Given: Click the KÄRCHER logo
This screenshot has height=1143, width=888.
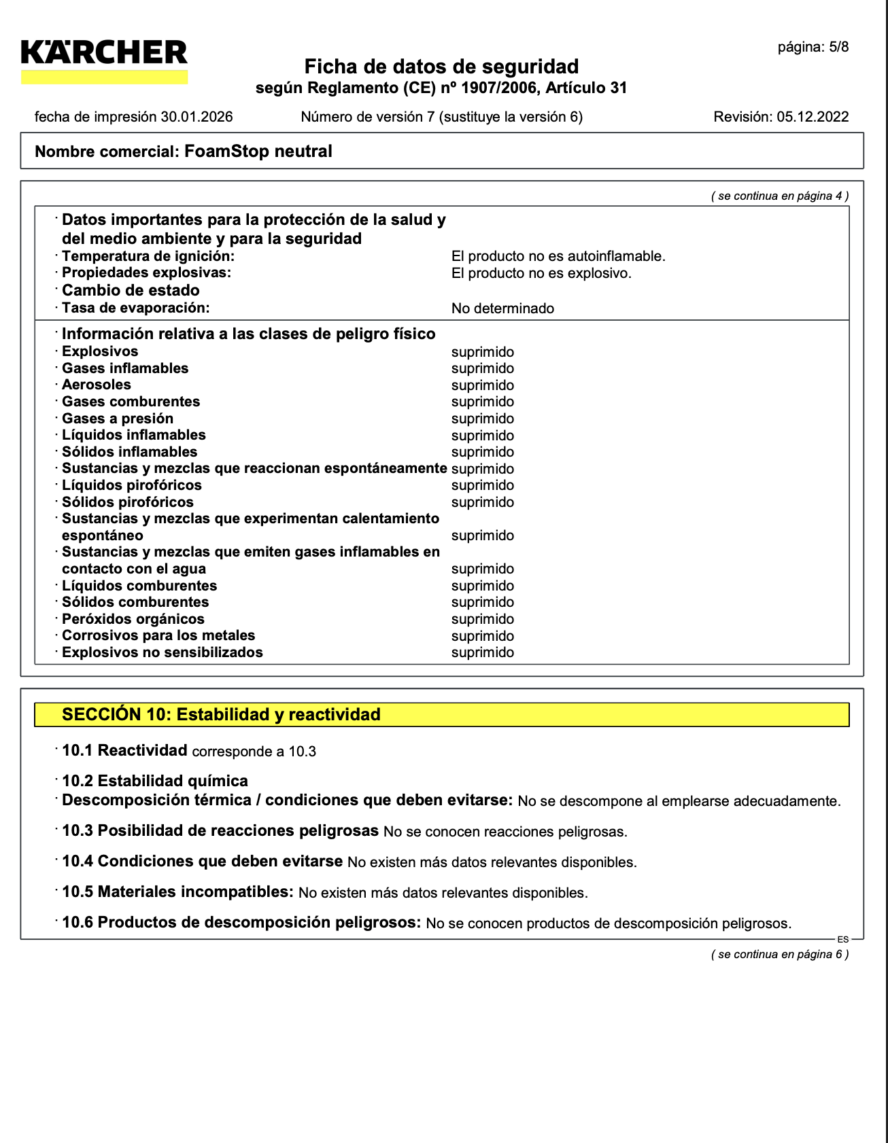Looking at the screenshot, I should [x=104, y=54].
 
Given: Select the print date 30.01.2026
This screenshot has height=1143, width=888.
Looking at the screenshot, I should [x=197, y=117].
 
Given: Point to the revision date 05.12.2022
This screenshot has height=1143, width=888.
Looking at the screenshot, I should [x=813, y=117].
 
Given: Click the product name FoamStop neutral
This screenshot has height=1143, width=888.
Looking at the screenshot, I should [x=258, y=151].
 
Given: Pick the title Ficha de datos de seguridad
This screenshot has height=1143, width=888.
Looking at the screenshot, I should [x=441, y=67].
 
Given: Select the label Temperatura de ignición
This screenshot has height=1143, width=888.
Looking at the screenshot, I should [x=148, y=256].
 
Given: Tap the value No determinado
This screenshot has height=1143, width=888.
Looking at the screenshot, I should [x=502, y=309].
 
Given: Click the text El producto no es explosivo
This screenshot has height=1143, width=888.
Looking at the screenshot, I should [x=541, y=273].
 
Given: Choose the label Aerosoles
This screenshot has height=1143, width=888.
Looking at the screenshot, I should [x=97, y=385].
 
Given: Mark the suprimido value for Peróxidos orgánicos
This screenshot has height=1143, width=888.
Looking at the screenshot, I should [x=483, y=619].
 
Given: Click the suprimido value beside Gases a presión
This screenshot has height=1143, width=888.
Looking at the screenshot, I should [x=483, y=419].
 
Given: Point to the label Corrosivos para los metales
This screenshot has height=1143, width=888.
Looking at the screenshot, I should [x=158, y=635].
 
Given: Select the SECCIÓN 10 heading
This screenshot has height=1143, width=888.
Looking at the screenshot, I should [x=221, y=714].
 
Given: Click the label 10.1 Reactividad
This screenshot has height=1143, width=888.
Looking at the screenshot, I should [x=124, y=750].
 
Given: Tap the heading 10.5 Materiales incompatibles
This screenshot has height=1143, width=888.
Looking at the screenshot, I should [x=177, y=892].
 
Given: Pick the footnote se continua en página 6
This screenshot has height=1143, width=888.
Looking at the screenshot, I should [x=780, y=954].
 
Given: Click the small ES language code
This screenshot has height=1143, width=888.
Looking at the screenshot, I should [x=843, y=939].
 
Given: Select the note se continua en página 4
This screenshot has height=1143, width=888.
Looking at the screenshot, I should [x=780, y=196].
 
